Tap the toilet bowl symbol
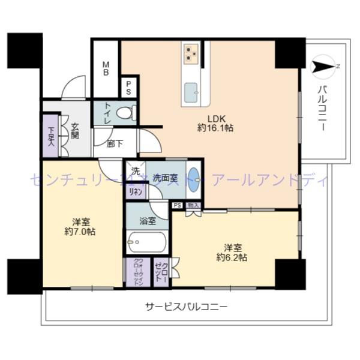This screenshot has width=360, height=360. (125, 112)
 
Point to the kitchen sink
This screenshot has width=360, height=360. (192, 91)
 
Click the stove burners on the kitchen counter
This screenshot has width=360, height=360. (191, 53)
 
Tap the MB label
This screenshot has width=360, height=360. (105, 70)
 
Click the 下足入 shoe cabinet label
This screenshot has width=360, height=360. (52, 139)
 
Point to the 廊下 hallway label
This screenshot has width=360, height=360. (114, 143)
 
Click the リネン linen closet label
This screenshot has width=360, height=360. (135, 191)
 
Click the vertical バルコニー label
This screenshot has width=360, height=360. (322, 108)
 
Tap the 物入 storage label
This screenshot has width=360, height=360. (192, 206)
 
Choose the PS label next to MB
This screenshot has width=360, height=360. (128, 88)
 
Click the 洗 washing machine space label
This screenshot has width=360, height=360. (136, 170)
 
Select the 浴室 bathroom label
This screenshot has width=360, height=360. (148, 220)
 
